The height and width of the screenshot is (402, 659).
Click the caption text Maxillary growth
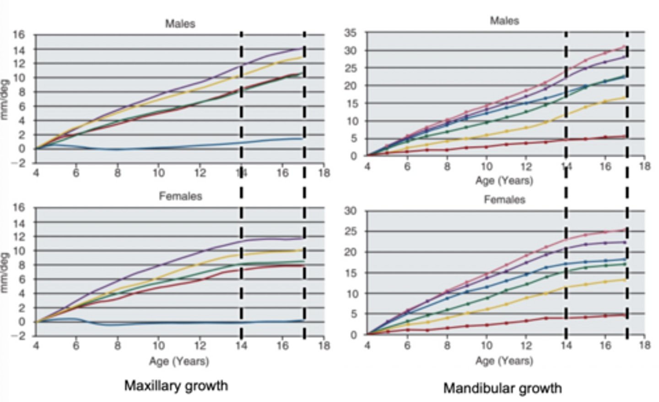(x=176, y=386)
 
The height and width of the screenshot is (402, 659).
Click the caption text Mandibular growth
(x=502, y=388)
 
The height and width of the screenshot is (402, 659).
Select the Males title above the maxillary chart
(x=180, y=23)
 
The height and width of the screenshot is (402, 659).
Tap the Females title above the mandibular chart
(x=504, y=200)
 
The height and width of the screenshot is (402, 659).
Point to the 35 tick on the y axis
(x=351, y=33)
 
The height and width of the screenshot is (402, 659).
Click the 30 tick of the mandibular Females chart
(x=351, y=211)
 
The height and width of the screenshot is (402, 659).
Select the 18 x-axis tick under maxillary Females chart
(x=324, y=345)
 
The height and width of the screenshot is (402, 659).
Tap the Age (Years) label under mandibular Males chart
(x=504, y=180)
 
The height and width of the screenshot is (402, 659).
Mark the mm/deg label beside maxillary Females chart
(x=5, y=273)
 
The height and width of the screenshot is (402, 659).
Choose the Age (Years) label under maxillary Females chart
(x=179, y=361)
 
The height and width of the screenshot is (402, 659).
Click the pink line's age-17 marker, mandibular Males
(x=625, y=46)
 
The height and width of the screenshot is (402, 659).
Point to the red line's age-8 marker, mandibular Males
(x=447, y=150)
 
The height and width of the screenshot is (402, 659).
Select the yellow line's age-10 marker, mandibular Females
(x=487, y=309)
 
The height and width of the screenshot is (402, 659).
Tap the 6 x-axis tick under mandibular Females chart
(x=407, y=345)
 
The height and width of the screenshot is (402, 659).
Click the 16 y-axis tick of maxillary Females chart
(x=18, y=208)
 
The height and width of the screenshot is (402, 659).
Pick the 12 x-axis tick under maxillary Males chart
(x=200, y=173)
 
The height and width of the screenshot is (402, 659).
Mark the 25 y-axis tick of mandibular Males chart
(x=351, y=68)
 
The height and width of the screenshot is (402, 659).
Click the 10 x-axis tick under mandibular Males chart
(x=486, y=166)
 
